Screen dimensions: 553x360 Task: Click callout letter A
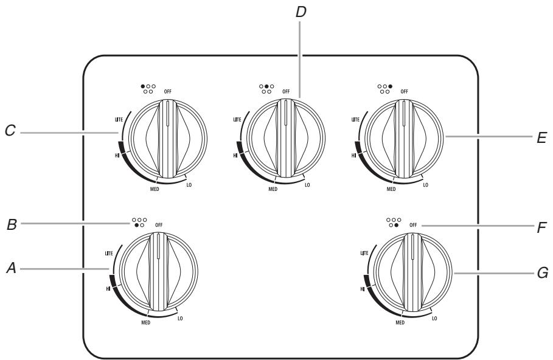[12, 269]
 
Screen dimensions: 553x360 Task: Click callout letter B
[12, 224]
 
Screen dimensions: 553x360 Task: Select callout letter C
[10, 131]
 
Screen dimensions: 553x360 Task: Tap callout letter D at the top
[301, 12]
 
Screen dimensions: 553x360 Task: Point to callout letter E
[541, 137]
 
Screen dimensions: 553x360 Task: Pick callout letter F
[541, 228]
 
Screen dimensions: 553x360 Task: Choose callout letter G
[543, 273]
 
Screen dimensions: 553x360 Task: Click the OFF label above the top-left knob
[167, 91]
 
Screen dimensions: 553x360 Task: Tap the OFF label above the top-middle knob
[286, 91]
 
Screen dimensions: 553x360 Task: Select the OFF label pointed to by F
[413, 225]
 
